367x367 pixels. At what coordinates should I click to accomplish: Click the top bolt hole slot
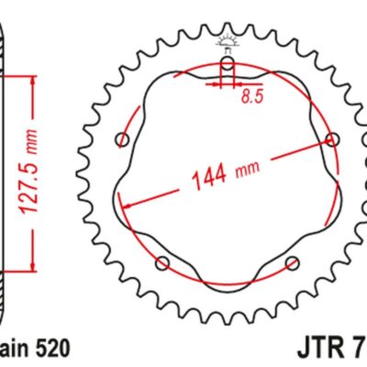(227, 68)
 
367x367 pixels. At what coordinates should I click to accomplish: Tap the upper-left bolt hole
(123, 139)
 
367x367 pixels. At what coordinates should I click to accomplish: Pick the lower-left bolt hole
(162, 263)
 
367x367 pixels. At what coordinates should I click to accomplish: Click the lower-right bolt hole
(292, 263)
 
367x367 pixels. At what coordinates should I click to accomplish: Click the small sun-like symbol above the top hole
(227, 40)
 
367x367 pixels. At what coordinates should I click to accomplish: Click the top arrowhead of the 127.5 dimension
(34, 81)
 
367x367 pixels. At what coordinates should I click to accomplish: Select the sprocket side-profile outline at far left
(5, 183)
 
